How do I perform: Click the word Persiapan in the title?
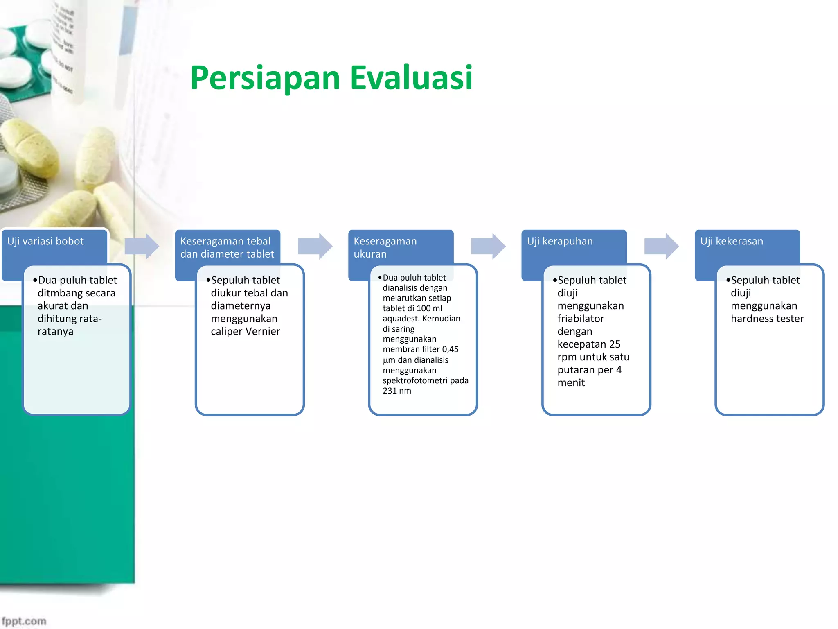pyautogui.click(x=265, y=78)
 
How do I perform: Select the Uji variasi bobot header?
pyautogui.click(x=45, y=241)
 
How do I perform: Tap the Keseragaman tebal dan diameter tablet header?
pyautogui.click(x=227, y=247)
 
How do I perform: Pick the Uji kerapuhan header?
pyautogui.click(x=559, y=241)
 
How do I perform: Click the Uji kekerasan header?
pyautogui.click(x=731, y=241)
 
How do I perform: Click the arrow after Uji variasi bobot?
pyautogui.click(x=142, y=246)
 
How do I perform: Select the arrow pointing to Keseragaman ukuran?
pyautogui.click(x=315, y=246)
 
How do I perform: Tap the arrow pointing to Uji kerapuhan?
pyautogui.click(x=488, y=246)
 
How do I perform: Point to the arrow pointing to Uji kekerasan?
pyautogui.click(x=661, y=246)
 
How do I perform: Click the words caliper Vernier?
pyautogui.click(x=245, y=331)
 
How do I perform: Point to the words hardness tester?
pyautogui.click(x=767, y=319)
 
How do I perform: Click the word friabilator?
pyautogui.click(x=580, y=319)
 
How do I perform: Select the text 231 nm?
pyautogui.click(x=396, y=391)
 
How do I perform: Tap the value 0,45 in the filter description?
pyautogui.click(x=450, y=349)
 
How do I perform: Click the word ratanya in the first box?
pyautogui.click(x=55, y=331)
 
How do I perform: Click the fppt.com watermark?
pyautogui.click(x=24, y=621)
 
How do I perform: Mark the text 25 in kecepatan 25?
pyautogui.click(x=615, y=344)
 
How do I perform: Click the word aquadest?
pyautogui.click(x=401, y=319)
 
